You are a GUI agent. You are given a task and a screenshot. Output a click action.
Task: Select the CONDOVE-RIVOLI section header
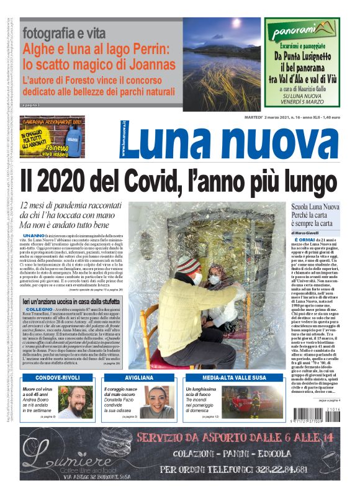click(x=57, y=378)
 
